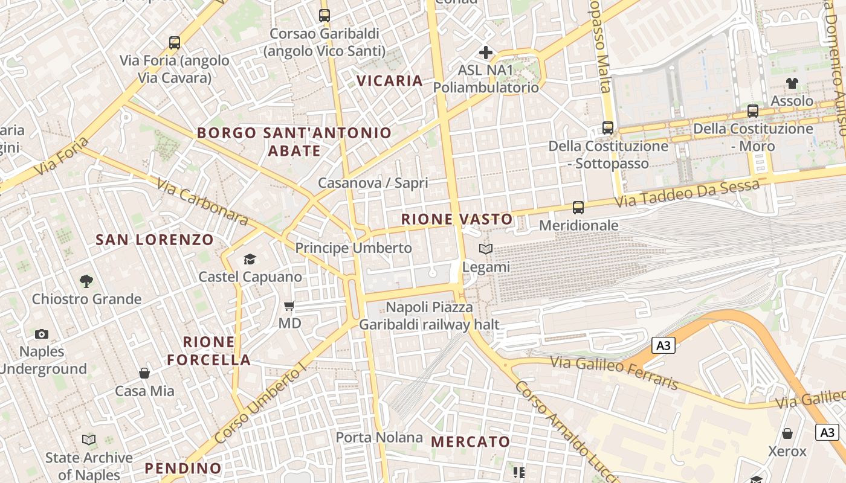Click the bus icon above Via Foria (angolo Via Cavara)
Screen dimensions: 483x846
pos(175,43)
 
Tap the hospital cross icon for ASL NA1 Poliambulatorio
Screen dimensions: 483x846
pos(485,53)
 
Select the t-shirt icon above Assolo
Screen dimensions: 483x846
pos(792,83)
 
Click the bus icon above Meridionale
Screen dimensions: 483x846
pos(578,208)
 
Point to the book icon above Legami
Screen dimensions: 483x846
pos(486,249)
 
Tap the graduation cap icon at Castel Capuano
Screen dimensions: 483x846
pos(250,260)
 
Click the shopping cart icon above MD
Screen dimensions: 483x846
pos(289,306)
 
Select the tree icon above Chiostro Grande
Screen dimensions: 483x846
pos(86,281)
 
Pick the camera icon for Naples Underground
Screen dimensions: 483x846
pos(42,334)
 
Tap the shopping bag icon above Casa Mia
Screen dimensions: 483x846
pos(144,373)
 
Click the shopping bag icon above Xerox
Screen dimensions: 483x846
pos(787,433)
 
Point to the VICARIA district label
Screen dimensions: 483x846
pos(389,81)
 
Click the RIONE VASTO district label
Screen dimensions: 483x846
pos(457,219)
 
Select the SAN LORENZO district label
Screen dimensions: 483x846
pos(155,240)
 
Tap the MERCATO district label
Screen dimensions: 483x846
pos(470,442)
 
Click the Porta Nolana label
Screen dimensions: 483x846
pos(379,437)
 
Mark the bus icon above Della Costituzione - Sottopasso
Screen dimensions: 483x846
pos(608,128)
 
